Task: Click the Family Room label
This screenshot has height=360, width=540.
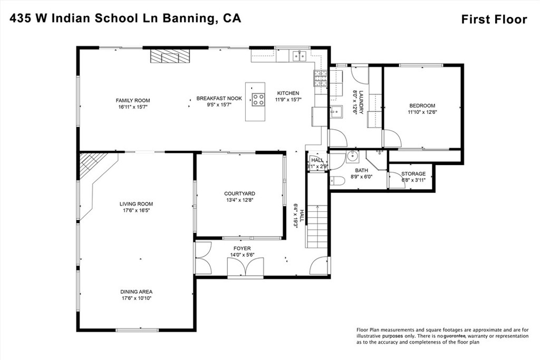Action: [133, 100]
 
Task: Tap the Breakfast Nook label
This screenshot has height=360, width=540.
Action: [219, 98]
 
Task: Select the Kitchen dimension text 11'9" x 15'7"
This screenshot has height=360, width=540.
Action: [288, 100]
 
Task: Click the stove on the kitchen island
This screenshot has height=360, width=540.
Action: [258, 99]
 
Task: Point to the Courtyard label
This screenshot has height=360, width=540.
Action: [239, 193]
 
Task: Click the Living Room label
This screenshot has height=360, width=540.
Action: [136, 204]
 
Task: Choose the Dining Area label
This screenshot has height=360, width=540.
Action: [136, 291]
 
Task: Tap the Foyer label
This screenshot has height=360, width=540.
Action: [242, 248]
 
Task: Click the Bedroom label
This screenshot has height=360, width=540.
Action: [422, 105]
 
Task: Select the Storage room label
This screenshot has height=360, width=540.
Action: [413, 173]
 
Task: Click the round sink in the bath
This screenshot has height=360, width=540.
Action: [352, 157]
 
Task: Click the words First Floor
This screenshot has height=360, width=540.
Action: [494, 20]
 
